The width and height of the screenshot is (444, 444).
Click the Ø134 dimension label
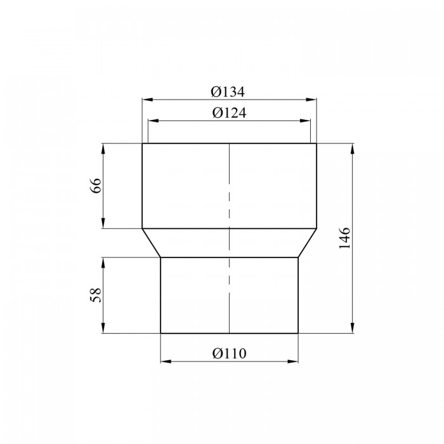[x=228, y=92]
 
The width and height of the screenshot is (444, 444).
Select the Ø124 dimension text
[x=230, y=113]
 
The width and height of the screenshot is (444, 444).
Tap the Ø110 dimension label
[x=230, y=353]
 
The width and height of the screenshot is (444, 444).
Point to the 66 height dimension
[x=96, y=186]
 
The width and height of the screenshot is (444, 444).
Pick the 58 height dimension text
[x=96, y=295]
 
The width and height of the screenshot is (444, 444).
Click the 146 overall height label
[x=345, y=238]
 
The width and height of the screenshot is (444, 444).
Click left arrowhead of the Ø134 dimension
[x=148, y=100]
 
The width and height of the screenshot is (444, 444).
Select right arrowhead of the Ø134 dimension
[x=311, y=100]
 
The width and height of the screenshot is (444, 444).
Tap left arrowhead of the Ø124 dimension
[x=153, y=121]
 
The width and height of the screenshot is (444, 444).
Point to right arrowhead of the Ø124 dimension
[x=305, y=121]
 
